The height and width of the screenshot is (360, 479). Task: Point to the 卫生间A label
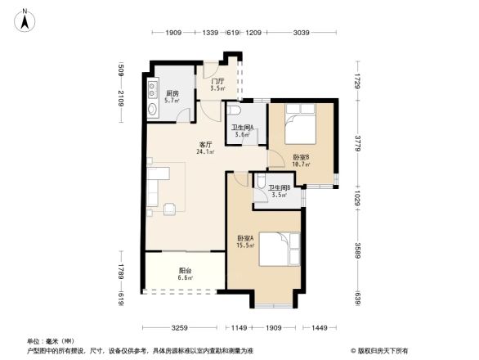(242, 130)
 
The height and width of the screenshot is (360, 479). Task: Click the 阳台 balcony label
(186, 274)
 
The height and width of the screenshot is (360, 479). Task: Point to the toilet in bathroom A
(234, 110)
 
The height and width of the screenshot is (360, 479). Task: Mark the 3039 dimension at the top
(302, 34)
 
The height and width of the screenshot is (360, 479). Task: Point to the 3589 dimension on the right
(357, 247)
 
